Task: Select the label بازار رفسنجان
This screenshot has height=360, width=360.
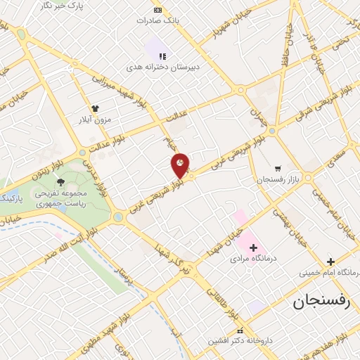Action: pos(277,181)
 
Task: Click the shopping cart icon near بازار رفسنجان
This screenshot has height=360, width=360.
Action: pos(278,169)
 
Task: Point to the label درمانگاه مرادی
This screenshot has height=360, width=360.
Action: pos(255,259)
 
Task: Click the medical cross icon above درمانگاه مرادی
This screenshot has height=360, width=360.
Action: pos(253,247)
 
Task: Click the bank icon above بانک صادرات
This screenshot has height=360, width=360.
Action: pos(157,10)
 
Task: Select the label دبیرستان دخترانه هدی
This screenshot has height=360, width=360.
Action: pos(163,67)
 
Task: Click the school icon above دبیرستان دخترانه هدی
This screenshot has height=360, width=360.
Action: pos(162,56)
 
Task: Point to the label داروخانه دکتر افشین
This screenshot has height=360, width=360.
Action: pos(237,341)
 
